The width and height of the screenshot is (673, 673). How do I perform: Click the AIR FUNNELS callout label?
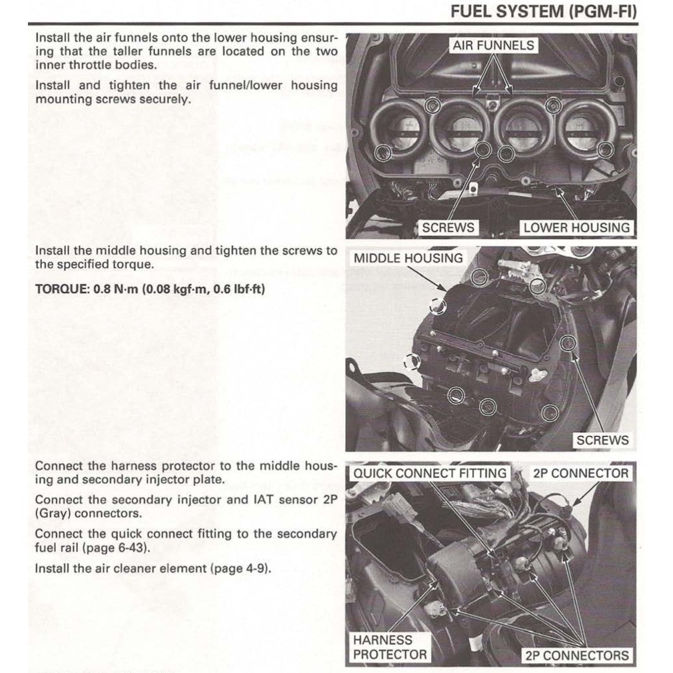click(x=493, y=45)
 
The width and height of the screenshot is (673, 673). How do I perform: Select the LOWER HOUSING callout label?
click(x=576, y=227)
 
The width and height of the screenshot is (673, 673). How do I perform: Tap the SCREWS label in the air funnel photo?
click(x=448, y=227)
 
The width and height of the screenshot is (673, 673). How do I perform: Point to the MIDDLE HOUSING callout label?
click(x=408, y=258)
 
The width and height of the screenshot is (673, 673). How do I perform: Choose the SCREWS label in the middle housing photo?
click(x=602, y=440)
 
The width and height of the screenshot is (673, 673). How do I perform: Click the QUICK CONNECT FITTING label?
click(x=429, y=474)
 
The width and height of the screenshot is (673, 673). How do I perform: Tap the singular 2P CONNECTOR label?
click(x=580, y=474)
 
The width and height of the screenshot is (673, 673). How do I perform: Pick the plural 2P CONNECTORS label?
click(x=576, y=655)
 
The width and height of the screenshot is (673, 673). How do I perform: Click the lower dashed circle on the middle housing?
click(x=412, y=361)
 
